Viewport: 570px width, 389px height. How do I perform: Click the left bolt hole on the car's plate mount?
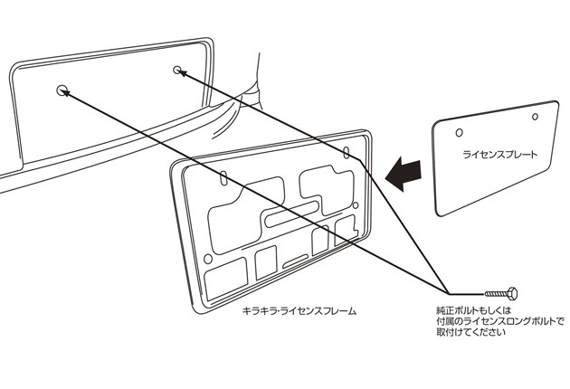pos(62,90)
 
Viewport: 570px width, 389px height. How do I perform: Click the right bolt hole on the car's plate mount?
pos(176,69)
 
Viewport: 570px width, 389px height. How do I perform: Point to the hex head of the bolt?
pos(513,293)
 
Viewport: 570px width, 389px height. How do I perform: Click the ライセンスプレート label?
pos(499,155)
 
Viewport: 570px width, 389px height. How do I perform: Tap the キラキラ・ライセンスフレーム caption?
pos(299,311)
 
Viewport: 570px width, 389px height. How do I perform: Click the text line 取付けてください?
pos(470,333)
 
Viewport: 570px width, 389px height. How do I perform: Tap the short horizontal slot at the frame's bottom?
pos(295,263)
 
